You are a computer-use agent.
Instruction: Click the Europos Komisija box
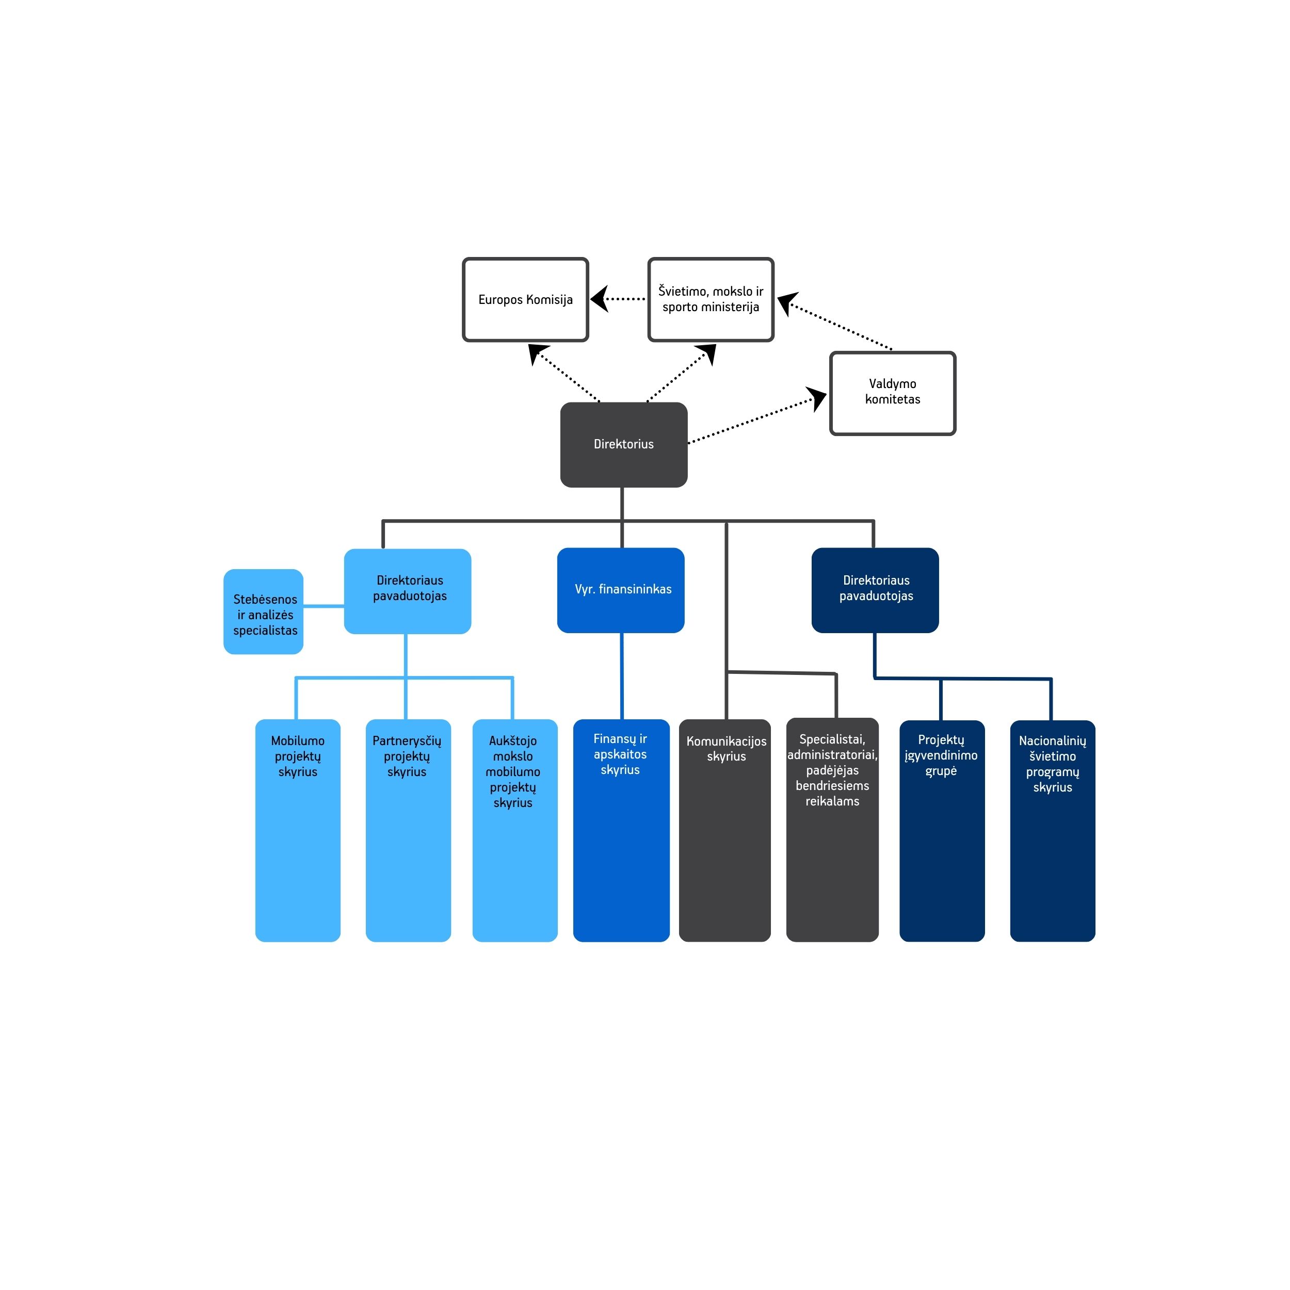[x=525, y=300]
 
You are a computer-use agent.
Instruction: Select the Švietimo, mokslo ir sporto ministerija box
[x=711, y=300]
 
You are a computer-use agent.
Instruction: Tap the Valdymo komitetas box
[x=893, y=393]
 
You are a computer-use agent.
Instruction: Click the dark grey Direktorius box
[x=624, y=445]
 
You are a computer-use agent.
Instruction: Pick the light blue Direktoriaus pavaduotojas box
[x=407, y=591]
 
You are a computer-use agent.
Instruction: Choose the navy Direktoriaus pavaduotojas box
[x=875, y=590]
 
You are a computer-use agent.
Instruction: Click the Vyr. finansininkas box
[x=621, y=590]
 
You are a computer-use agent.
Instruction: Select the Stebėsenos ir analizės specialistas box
[x=263, y=611]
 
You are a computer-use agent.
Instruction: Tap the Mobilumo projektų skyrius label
[x=298, y=756]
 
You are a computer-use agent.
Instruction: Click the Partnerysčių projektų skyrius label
[x=407, y=756]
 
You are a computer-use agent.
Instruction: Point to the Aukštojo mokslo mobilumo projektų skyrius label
[x=513, y=771]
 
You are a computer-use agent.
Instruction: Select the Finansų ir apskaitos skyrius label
[x=620, y=754]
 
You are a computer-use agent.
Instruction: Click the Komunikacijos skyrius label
[x=727, y=749]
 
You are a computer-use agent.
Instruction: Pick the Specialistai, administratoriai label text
[x=833, y=747]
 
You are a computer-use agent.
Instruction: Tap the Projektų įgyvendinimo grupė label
[x=941, y=755]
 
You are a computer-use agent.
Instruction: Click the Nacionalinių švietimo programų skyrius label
[x=1052, y=763]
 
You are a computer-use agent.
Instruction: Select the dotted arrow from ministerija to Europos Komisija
[x=618, y=299]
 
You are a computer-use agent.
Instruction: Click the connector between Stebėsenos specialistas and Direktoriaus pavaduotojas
[x=324, y=606]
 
